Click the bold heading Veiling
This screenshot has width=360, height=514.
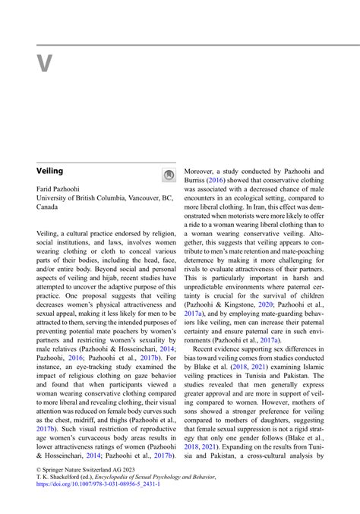(50, 172)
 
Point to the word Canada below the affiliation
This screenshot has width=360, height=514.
(49, 207)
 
